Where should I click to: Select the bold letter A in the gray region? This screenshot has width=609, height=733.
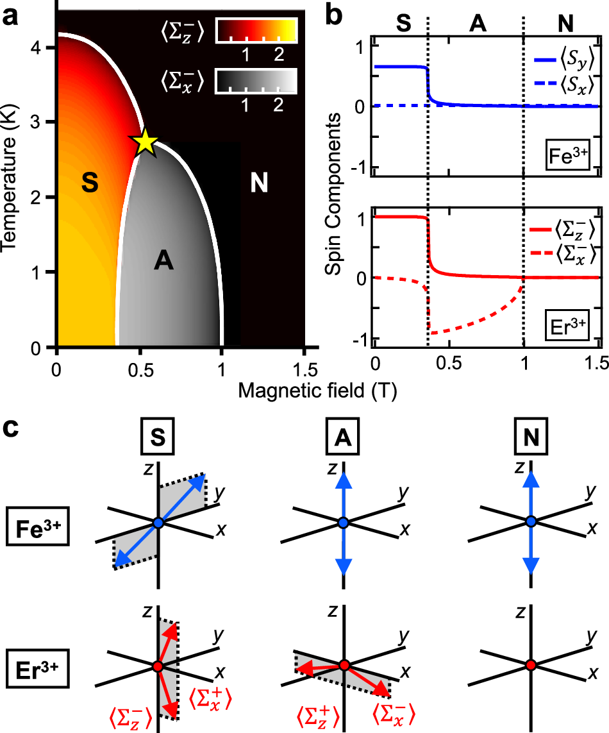pos(165,262)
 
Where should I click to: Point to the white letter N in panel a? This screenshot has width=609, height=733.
pos(259,184)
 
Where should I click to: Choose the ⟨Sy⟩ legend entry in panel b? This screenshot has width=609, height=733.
pos(564,59)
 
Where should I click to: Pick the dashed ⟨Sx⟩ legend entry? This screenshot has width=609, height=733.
pos(564,84)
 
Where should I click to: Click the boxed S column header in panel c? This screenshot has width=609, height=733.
pos(158,440)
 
